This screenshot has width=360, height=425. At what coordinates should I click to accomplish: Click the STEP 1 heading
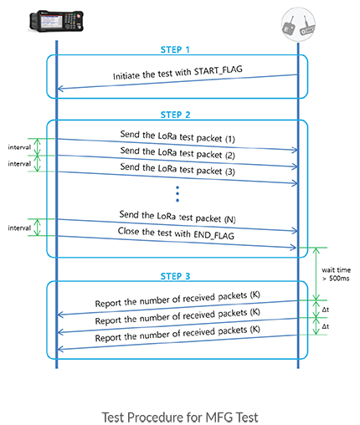click(x=175, y=49)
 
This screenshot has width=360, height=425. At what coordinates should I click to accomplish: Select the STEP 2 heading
click(x=175, y=115)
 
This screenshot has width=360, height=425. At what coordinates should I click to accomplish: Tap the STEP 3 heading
click(x=175, y=276)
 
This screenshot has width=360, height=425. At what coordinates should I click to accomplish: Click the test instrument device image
click(x=56, y=21)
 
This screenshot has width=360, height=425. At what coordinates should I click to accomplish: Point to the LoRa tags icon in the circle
click(x=298, y=24)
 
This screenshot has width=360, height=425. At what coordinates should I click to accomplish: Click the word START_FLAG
click(x=219, y=70)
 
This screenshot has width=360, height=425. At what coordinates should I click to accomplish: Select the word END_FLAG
click(x=213, y=235)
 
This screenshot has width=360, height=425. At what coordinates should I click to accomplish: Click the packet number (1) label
click(x=230, y=139)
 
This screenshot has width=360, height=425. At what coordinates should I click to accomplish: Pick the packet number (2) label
click(x=230, y=156)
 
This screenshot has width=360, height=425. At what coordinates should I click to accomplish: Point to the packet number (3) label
click(x=230, y=172)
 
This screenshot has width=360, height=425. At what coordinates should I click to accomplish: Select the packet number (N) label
click(x=230, y=219)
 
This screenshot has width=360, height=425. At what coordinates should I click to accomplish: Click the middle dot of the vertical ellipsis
click(x=177, y=194)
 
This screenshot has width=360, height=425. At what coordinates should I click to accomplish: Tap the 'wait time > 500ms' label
click(x=336, y=274)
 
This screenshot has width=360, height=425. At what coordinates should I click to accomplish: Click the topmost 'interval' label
click(x=19, y=147)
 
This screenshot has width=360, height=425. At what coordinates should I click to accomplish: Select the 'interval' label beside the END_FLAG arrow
click(x=19, y=228)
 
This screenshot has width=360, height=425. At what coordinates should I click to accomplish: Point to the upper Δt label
click(x=326, y=310)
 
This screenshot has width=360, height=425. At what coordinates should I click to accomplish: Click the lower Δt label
click(x=326, y=326)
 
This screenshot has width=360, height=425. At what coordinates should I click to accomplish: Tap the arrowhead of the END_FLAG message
click(x=295, y=248)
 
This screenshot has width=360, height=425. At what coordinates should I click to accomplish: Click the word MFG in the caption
click(x=219, y=417)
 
